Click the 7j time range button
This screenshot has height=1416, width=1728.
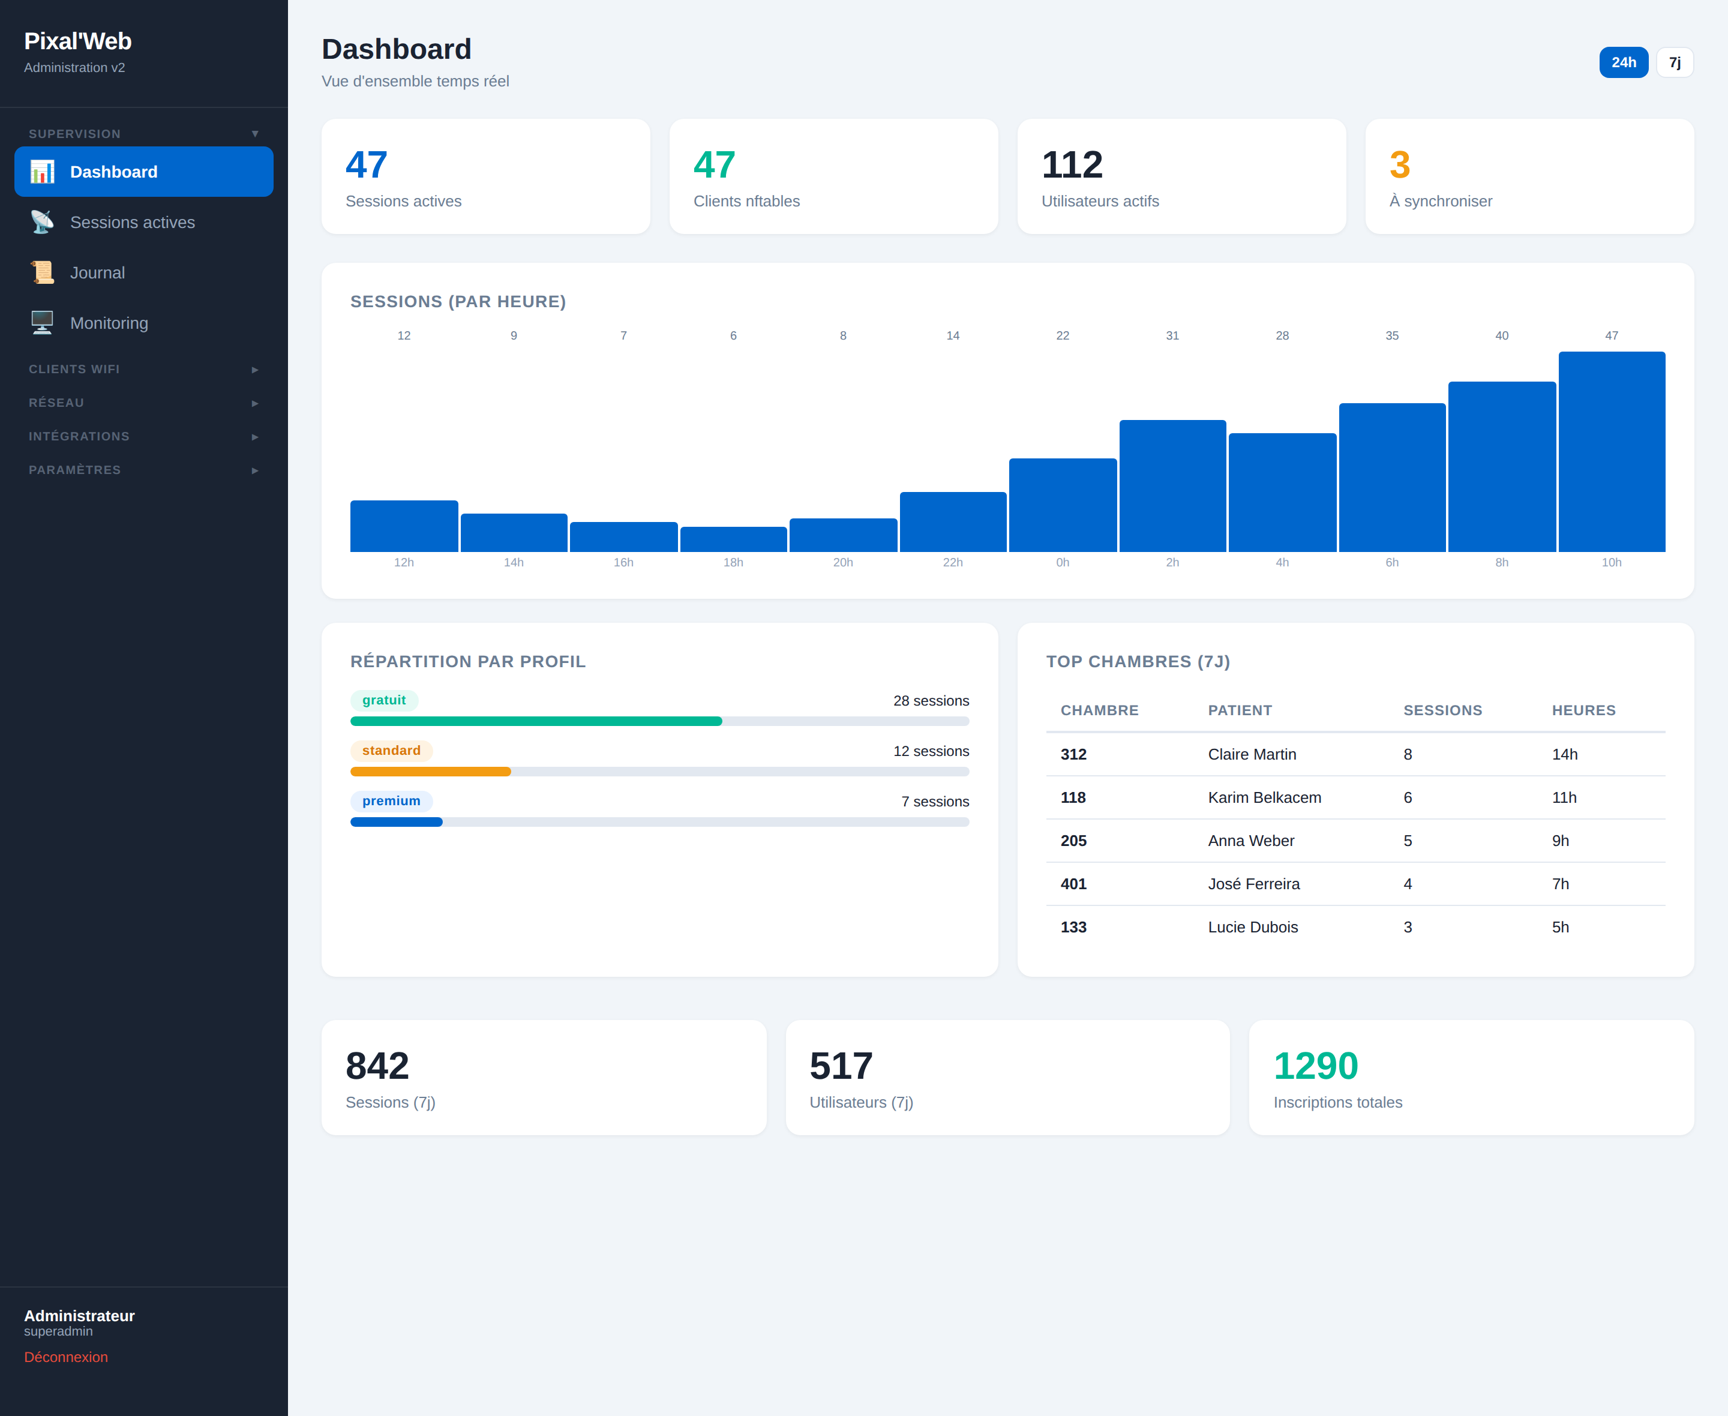(x=1674, y=63)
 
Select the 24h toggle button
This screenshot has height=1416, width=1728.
(x=1623, y=63)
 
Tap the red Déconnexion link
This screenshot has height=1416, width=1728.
(x=66, y=1357)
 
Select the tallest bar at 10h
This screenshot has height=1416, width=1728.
(x=1612, y=452)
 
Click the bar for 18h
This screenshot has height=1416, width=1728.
(x=733, y=539)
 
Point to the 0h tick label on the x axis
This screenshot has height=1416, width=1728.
(x=1063, y=562)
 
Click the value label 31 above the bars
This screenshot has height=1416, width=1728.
(x=1172, y=335)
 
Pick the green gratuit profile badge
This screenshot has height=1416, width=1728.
(x=384, y=700)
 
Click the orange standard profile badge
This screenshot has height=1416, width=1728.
(x=391, y=751)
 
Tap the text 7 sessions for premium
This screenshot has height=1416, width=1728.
(x=935, y=802)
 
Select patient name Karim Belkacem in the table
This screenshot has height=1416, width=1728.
(x=1264, y=798)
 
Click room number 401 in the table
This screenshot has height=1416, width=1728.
(x=1073, y=884)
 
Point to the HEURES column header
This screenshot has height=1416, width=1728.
(x=1583, y=710)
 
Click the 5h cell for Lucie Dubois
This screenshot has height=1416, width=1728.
(x=1560, y=928)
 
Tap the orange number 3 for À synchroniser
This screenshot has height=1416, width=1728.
(x=1399, y=165)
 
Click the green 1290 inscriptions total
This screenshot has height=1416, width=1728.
(x=1315, y=1066)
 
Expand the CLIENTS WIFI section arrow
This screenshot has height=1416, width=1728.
(x=254, y=370)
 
